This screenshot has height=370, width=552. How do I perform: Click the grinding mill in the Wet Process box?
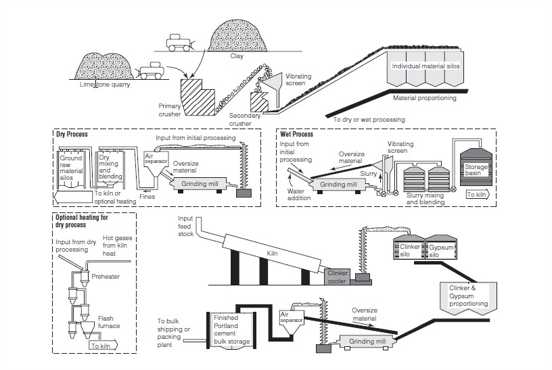tap(338, 183)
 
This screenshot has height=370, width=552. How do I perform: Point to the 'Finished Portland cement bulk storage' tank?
tap(232, 330)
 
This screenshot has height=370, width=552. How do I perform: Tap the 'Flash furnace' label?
tap(110, 321)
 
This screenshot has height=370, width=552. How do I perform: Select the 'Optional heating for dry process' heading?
tap(82, 221)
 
